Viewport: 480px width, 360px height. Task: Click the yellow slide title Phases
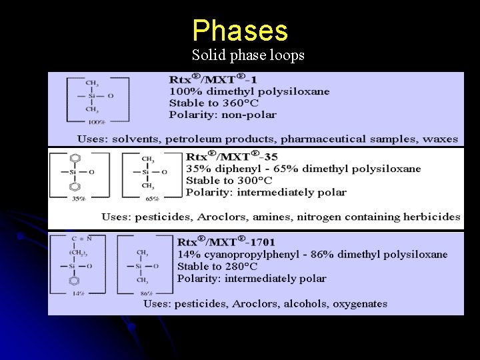coord(240,31)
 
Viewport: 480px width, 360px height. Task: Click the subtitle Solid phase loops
coord(248,55)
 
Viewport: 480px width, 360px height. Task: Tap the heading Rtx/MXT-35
coord(233,157)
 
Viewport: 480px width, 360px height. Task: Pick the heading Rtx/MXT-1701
coord(226,241)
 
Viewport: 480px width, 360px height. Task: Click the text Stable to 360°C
coord(214,103)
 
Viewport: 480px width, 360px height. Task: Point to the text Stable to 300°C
coord(229,180)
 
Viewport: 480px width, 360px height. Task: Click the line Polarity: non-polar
coord(223,115)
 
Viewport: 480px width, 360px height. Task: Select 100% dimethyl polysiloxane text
coord(249,91)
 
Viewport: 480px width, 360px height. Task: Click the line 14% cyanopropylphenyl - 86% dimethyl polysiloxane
coord(312,254)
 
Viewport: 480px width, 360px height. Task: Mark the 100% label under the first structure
coord(97,123)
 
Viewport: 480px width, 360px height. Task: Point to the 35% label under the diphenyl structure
coord(79,199)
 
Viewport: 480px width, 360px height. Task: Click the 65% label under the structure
coord(152,199)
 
